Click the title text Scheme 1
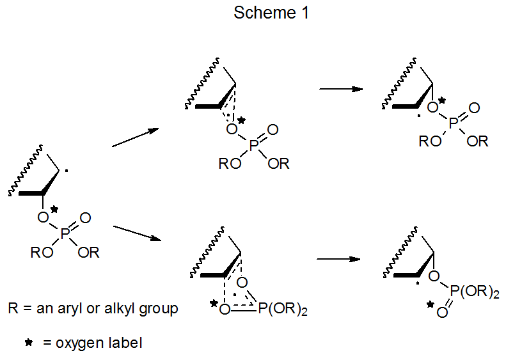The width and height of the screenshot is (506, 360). [271, 13]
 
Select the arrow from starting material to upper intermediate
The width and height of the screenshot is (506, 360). [134, 137]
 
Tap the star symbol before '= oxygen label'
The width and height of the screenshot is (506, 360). [29, 343]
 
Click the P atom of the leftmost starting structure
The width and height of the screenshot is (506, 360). [64, 235]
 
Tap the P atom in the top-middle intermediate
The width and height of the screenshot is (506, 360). [254, 147]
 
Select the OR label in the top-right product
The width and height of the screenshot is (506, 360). [477, 142]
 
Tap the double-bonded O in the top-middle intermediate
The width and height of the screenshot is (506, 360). [273, 130]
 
